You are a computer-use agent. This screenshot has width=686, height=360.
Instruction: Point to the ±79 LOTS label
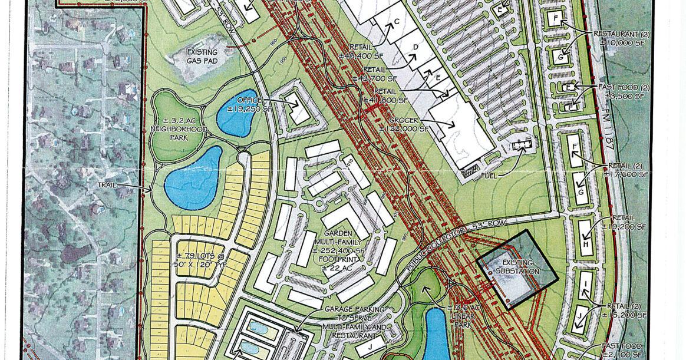pos(203,259)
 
